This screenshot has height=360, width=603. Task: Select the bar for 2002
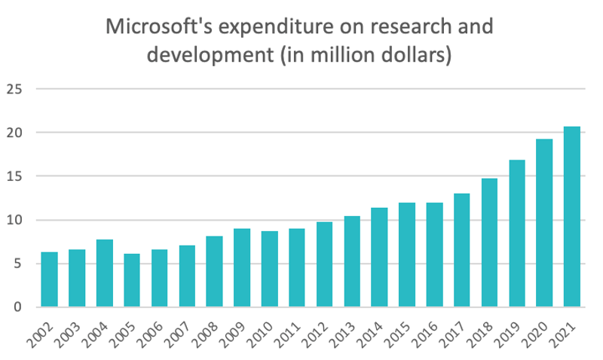49,279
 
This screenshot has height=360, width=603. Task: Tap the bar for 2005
132,280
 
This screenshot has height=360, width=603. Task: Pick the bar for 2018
489,243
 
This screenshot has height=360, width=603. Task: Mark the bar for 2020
544,223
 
